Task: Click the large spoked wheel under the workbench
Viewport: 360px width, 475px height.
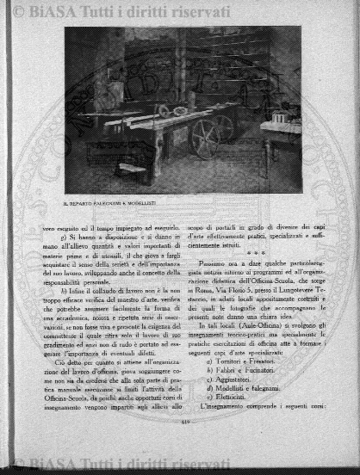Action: point(205,138)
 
